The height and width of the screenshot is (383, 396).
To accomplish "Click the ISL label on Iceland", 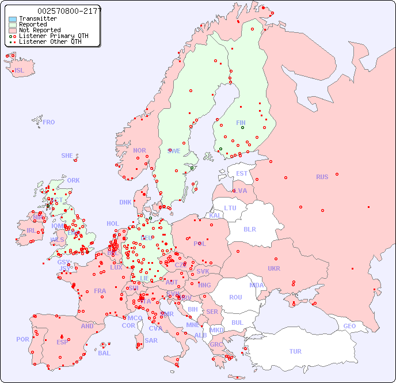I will (x=20, y=71).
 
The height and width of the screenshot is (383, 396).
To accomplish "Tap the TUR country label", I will (x=295, y=351).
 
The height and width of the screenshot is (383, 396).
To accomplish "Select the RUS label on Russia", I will (x=322, y=177).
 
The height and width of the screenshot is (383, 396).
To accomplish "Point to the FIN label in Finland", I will (x=241, y=123).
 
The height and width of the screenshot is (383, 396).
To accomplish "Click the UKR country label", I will (x=274, y=268).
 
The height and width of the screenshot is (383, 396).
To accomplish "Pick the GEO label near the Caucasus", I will (x=349, y=326).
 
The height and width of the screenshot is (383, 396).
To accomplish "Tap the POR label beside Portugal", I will (x=22, y=339).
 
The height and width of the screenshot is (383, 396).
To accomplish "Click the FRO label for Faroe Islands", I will (x=48, y=122).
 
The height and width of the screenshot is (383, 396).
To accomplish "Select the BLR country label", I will (x=249, y=229).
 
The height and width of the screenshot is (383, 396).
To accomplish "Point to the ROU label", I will (x=235, y=297).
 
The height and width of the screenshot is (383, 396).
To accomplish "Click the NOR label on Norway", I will (x=139, y=150).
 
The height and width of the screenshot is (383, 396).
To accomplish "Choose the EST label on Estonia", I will (x=242, y=173).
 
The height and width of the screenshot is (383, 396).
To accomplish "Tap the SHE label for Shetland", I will (x=67, y=156).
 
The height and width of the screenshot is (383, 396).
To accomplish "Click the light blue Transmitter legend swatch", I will (x=13, y=19).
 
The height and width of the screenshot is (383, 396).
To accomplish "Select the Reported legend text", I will (x=33, y=25).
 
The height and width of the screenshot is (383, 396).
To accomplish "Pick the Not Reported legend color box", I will (x=13, y=31).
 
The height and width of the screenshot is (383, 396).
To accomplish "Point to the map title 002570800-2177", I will (x=69, y=11).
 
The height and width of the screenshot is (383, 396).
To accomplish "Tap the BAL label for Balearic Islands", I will (x=104, y=353).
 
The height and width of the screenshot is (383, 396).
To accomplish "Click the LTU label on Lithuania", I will (x=230, y=208).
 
